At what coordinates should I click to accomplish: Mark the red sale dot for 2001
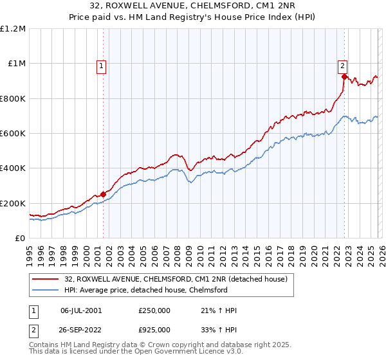tap(103, 194)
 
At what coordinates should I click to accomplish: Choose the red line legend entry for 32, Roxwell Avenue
tap(179, 279)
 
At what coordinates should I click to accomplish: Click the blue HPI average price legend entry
tap(145, 290)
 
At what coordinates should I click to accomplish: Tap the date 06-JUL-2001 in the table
tap(81, 310)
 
